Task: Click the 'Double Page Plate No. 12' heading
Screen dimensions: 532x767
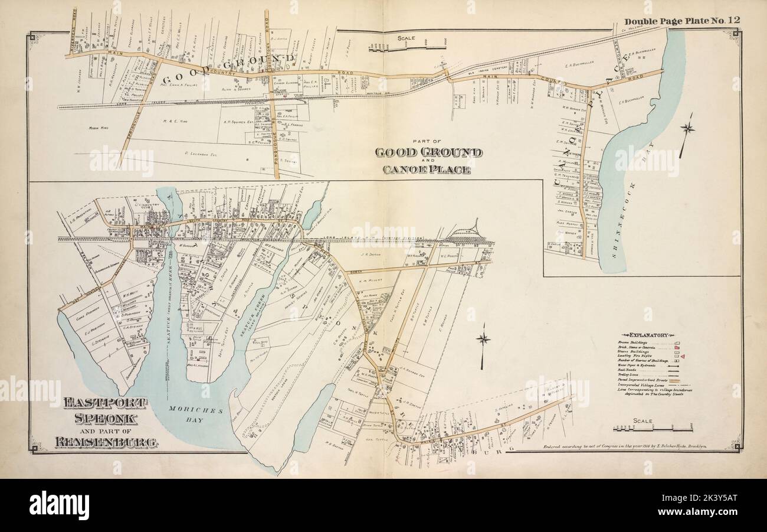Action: coord(682,21)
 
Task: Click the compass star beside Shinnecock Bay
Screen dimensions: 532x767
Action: coord(687,128)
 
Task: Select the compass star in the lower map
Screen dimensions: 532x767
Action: coord(484,339)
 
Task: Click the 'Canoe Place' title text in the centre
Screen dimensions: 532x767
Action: coord(428,170)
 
